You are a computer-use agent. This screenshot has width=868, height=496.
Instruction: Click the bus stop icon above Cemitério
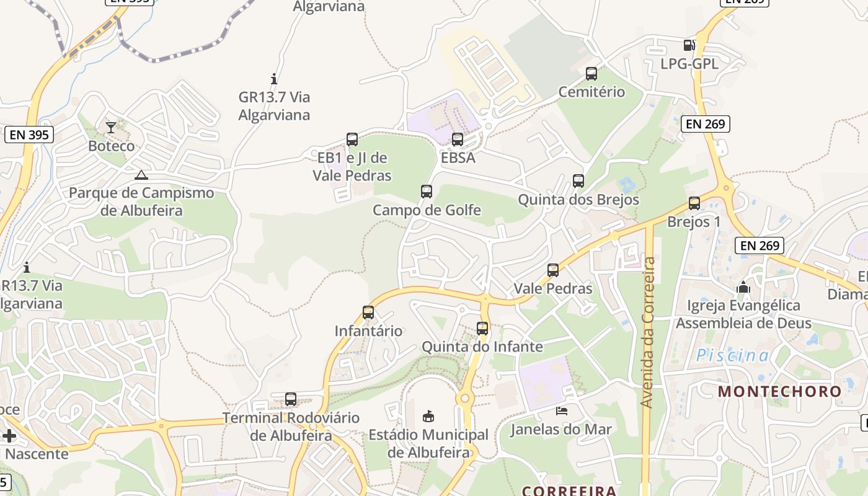point(591,74)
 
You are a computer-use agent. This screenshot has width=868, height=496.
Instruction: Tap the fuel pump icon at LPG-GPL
point(689,45)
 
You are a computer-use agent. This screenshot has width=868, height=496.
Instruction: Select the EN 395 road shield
point(29,135)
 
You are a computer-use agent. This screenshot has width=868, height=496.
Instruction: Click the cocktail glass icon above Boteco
point(111,128)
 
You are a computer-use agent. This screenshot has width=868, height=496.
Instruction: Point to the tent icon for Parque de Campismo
point(141,175)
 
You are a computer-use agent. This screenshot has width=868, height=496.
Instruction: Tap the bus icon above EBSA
point(458,139)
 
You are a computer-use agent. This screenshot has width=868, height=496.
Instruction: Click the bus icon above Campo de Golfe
point(427,192)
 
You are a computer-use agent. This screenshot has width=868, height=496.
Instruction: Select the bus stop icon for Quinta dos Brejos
point(578,181)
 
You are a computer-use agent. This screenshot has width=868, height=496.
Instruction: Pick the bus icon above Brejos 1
point(694,203)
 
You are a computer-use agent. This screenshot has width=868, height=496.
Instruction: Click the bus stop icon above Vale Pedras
point(553,270)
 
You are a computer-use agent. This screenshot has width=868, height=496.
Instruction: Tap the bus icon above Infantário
point(368,312)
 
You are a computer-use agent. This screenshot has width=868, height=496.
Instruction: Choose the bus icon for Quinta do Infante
point(482,329)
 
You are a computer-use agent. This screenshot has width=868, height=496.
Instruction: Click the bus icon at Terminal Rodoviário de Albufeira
point(291,399)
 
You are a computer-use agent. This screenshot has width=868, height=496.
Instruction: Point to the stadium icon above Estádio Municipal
point(428,415)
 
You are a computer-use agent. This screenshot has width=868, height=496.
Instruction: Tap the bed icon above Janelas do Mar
point(561,410)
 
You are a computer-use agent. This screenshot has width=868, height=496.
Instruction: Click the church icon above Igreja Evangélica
point(743,287)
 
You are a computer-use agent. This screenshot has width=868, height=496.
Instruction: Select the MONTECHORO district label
point(780,392)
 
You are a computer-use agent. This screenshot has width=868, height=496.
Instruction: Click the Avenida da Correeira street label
point(649,332)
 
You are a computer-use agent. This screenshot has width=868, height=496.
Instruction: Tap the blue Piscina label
point(733,356)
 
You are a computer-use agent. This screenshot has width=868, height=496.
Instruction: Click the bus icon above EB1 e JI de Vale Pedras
point(352,139)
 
